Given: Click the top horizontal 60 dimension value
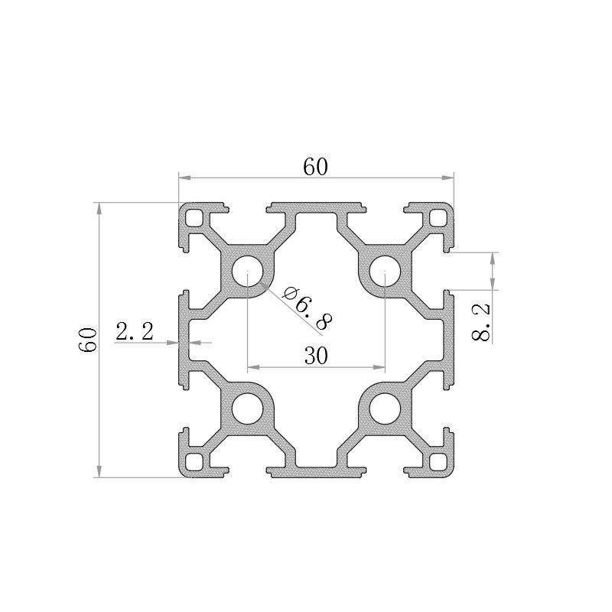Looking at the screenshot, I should [x=315, y=166].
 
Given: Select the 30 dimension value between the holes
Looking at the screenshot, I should [x=316, y=356].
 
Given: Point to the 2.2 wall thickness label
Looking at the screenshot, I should [x=134, y=332].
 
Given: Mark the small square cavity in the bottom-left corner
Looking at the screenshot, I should [x=194, y=462].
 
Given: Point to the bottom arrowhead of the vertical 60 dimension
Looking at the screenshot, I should [x=98, y=471].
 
